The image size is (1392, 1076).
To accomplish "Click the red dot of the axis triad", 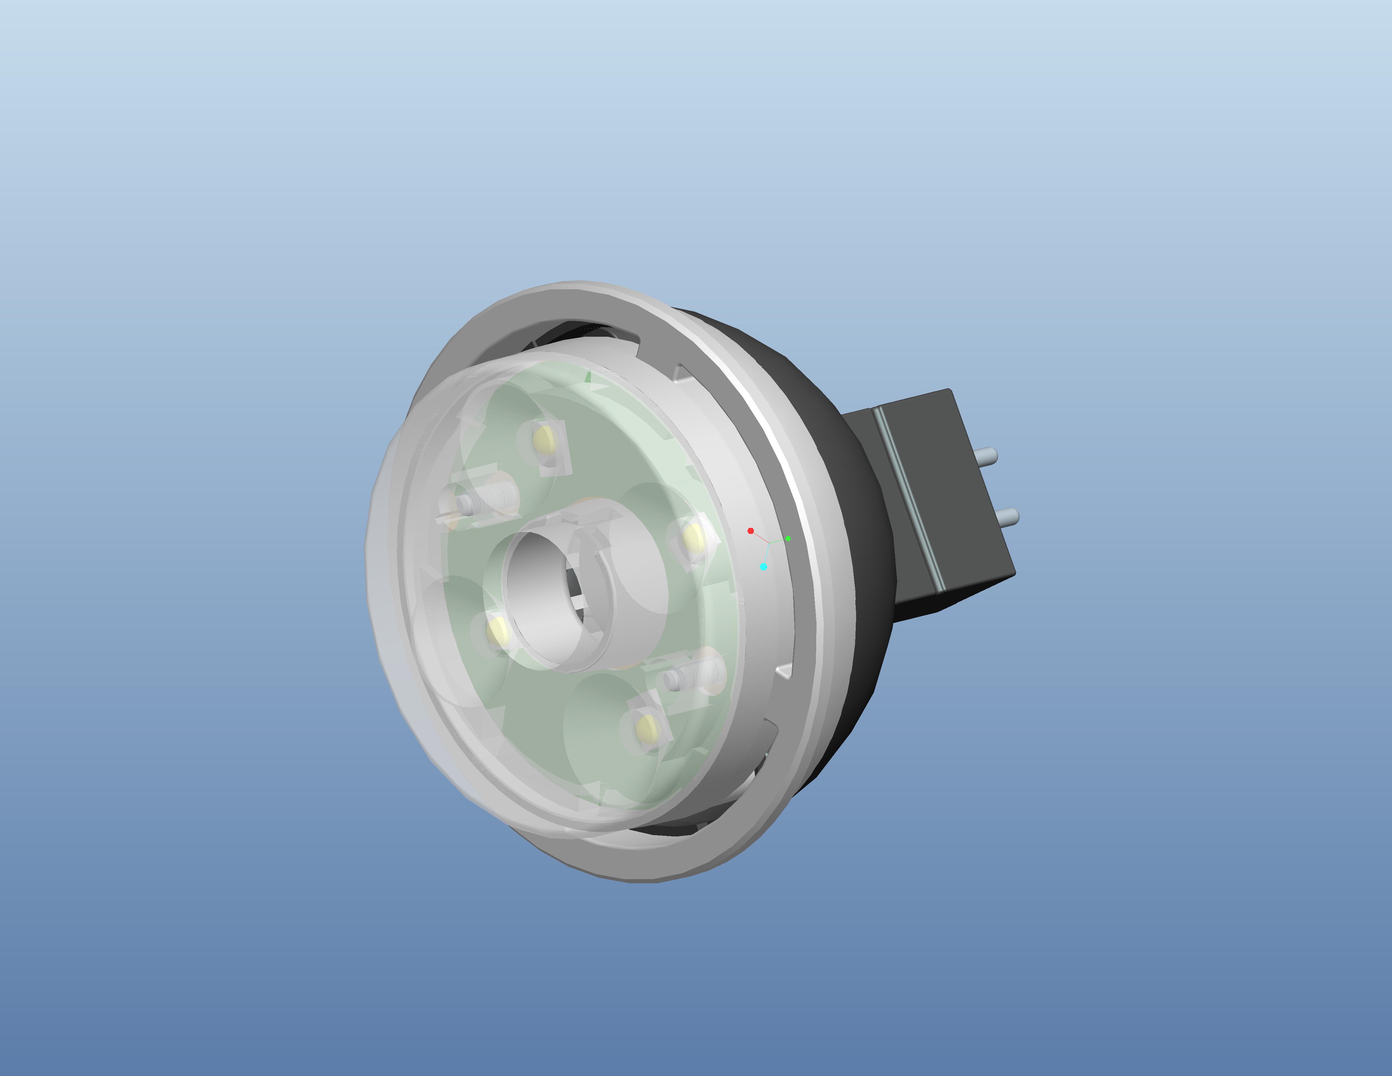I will [x=751, y=530].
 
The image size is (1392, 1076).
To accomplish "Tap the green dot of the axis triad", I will [x=788, y=539].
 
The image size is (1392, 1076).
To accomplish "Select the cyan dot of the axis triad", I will [x=764, y=567].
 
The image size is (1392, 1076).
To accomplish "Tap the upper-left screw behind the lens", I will [x=469, y=505].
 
